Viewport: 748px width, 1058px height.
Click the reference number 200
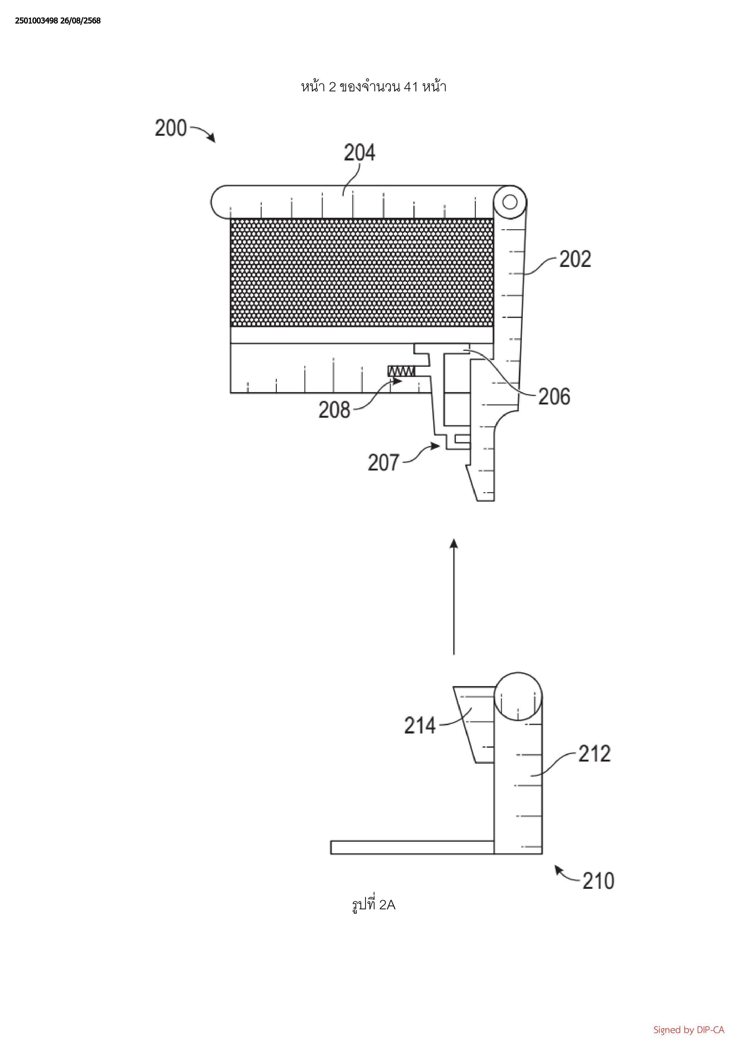point(171,128)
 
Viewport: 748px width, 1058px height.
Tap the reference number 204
point(360,153)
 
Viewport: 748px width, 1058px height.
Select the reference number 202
point(575,259)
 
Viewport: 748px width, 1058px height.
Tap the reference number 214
point(420,726)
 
